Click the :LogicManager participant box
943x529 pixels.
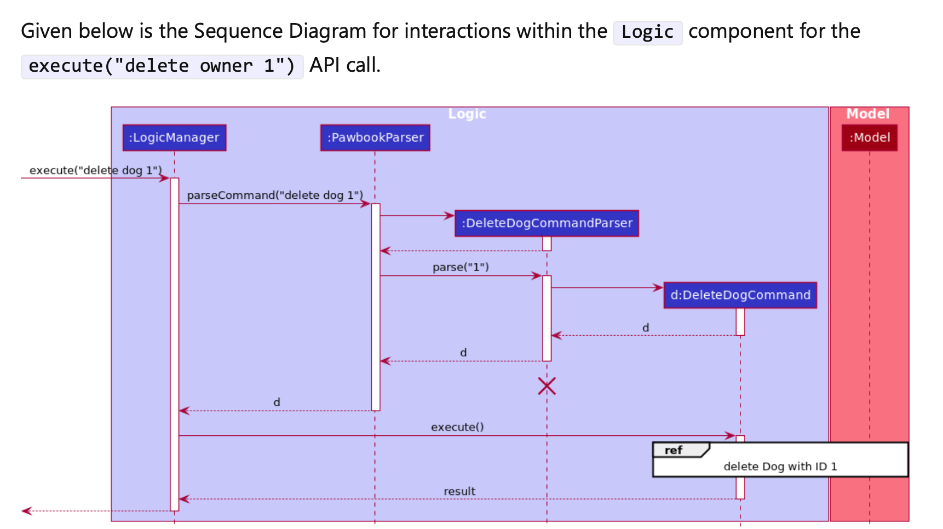[174, 137]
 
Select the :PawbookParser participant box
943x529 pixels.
[375, 137]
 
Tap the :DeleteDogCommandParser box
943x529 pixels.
[547, 223]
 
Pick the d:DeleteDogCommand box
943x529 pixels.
[740, 295]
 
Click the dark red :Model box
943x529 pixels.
[869, 137]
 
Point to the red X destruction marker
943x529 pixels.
[547, 386]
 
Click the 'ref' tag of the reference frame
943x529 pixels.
[674, 450]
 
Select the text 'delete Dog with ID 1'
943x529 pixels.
[780, 467]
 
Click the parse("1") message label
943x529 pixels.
[461, 267]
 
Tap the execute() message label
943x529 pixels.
[457, 427]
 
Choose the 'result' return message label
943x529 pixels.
[459, 491]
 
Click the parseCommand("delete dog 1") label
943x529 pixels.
[275, 195]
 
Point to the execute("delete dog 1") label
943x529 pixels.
[96, 170]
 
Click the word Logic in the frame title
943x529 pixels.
[467, 114]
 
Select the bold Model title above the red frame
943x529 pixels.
[868, 114]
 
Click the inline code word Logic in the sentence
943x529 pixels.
[647, 32]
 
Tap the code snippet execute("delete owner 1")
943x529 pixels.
[162, 66]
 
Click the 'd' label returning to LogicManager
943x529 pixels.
[277, 403]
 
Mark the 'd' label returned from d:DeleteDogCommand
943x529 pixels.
[646, 328]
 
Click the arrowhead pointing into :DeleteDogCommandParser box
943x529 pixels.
[450, 216]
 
